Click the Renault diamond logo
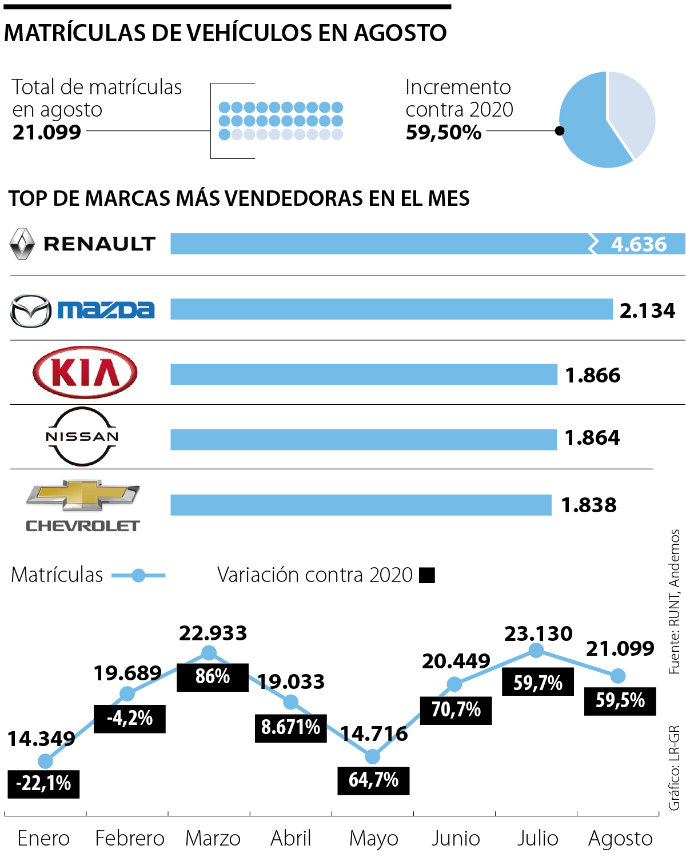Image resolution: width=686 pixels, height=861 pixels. [22, 244]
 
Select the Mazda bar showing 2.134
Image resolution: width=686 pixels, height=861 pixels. [391, 309]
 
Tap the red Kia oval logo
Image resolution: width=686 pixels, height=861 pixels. [85, 373]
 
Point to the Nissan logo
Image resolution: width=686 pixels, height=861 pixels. [82, 436]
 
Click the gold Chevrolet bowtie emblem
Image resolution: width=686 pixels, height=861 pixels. [83, 495]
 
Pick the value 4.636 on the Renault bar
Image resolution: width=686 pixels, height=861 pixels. [639, 244]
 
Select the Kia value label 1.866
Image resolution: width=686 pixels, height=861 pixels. [593, 375]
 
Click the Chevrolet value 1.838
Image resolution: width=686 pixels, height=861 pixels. [589, 505]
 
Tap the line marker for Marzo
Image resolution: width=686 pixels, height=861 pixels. [209, 652]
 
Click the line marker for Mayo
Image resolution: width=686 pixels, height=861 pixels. [373, 756]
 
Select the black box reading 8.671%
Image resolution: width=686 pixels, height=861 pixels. [290, 728]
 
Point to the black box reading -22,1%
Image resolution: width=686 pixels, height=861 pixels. [43, 783]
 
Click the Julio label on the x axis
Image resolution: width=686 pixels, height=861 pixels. [537, 838]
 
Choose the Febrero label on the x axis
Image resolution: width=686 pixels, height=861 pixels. [130, 838]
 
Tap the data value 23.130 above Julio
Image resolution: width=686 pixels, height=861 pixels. [538, 633]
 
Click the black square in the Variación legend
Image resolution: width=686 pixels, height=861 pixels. [427, 575]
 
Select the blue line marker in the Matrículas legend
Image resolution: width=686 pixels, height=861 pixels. [138, 575]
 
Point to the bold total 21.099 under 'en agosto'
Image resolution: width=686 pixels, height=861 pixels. [47, 132]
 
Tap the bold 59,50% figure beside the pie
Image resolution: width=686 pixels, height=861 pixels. [444, 132]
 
